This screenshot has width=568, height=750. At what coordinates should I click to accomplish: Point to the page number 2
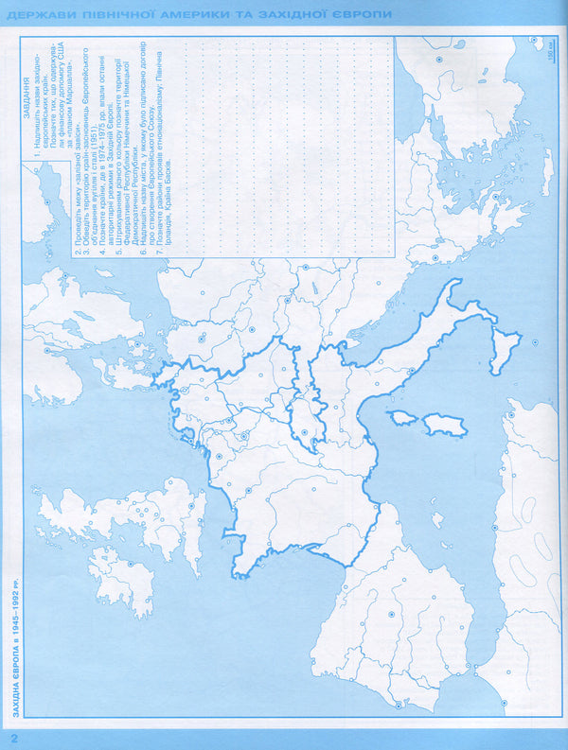click(13, 736)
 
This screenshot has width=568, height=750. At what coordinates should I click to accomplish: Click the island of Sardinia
click(439, 426)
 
